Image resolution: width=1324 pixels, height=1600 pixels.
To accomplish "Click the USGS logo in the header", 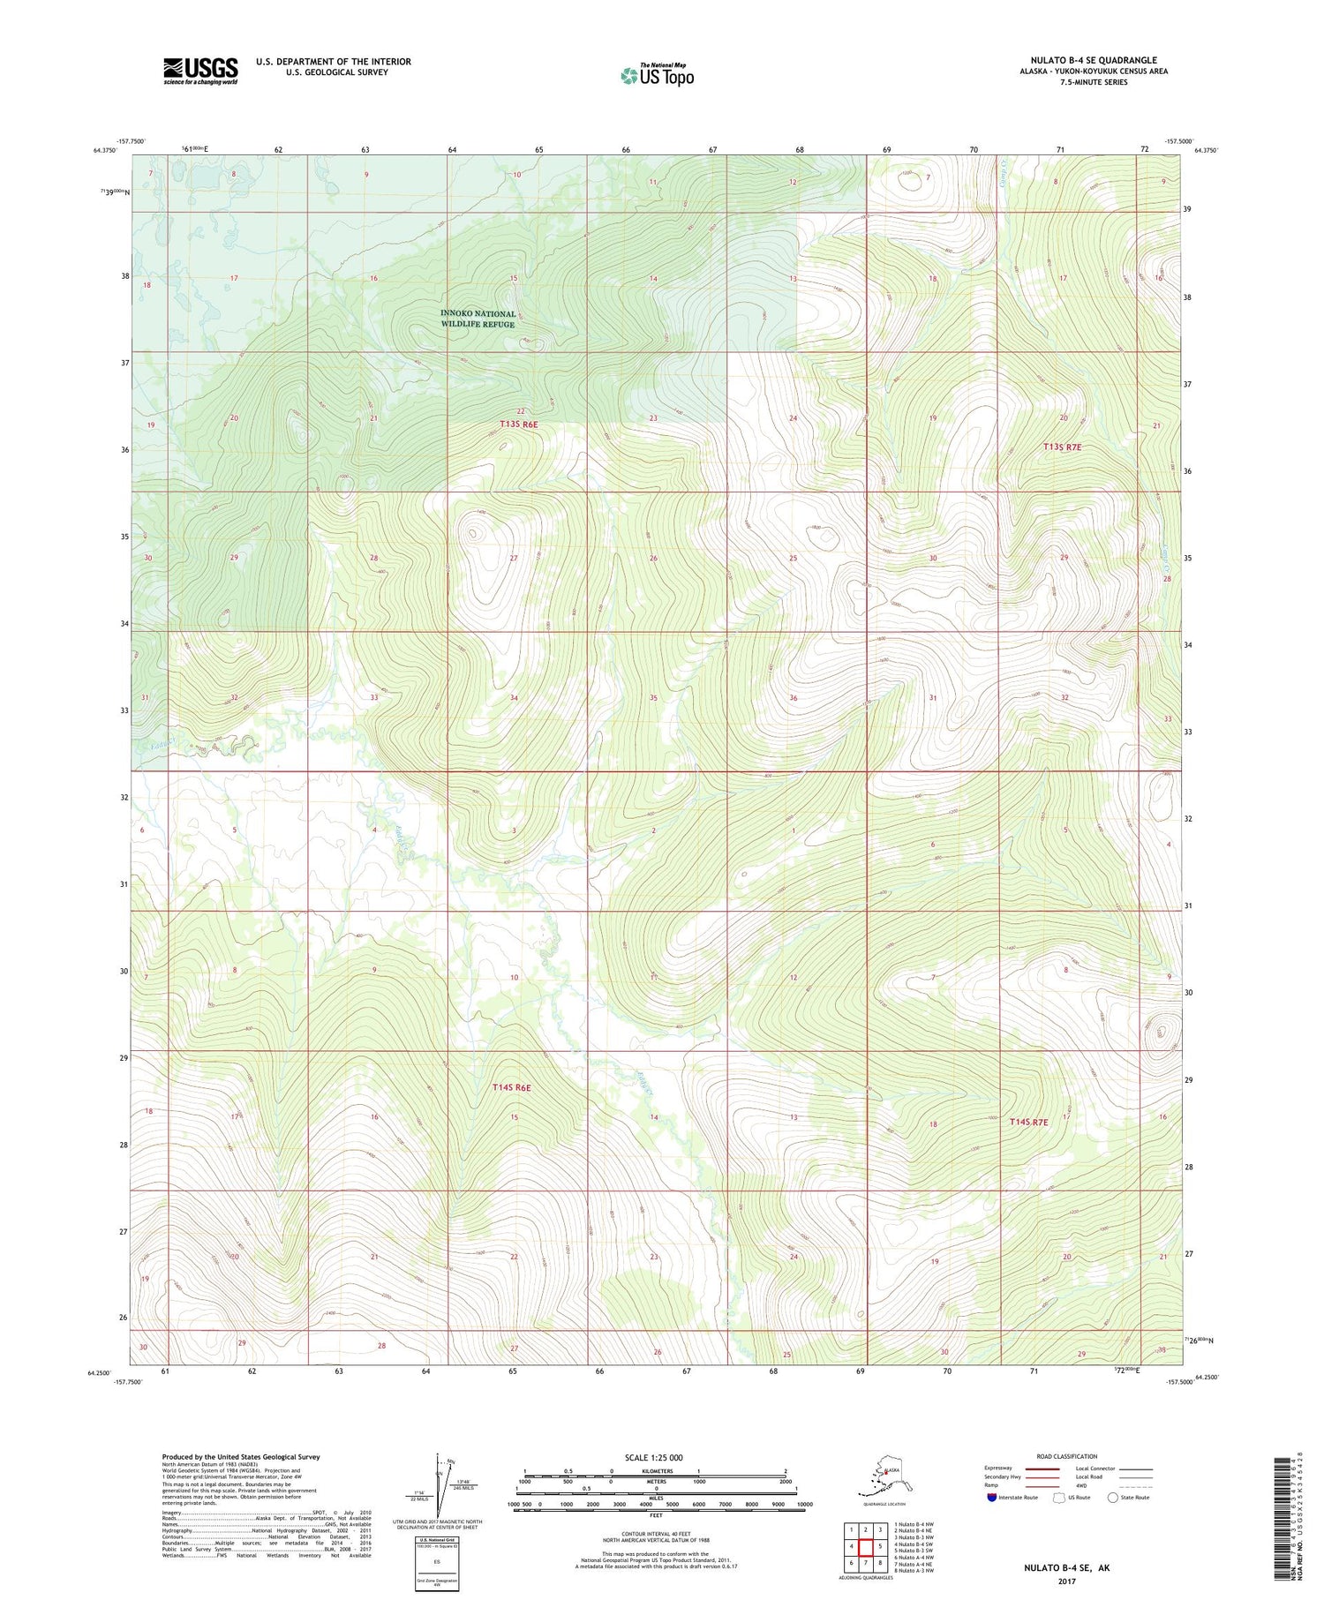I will click(x=200, y=71).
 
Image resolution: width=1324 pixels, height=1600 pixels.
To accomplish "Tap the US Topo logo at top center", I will click(x=657, y=75).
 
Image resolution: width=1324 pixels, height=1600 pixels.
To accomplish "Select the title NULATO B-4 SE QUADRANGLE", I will click(x=1094, y=60).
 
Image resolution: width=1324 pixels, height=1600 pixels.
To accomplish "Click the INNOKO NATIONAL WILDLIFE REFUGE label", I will click(x=478, y=319).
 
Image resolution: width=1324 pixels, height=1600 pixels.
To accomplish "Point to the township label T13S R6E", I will click(x=519, y=424).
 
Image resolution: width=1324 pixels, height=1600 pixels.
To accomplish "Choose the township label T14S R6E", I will click(x=512, y=1087).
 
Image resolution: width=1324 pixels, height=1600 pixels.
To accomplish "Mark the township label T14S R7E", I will click(x=1028, y=1122).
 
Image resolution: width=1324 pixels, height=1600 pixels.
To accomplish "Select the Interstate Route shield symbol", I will click(x=991, y=1498).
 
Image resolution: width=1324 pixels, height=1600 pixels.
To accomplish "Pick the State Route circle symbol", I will click(x=1113, y=1498).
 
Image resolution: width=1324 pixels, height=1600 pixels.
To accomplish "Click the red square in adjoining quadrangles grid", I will click(x=865, y=1546).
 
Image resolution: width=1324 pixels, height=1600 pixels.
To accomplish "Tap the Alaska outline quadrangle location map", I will click(x=884, y=1476).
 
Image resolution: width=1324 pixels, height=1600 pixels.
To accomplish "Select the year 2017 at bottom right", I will click(x=1066, y=1581).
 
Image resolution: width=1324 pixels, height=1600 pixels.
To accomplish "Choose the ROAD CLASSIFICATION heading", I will click(x=1066, y=1456).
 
